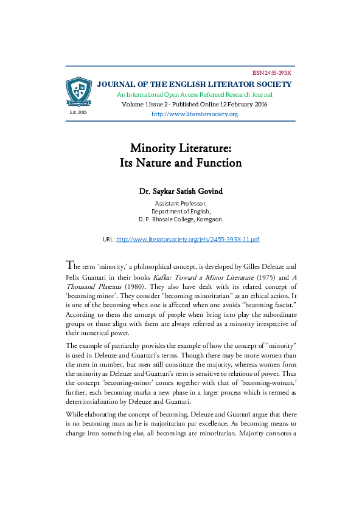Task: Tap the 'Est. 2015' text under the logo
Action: [x=78, y=112]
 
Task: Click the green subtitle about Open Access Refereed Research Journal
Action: [x=195, y=95]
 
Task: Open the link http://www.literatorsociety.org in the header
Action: [x=194, y=114]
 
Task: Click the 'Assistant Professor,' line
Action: [x=181, y=202]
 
